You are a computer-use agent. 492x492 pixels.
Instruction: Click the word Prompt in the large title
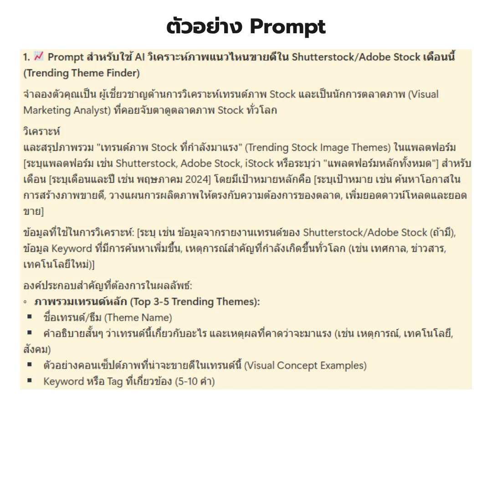point(288,27)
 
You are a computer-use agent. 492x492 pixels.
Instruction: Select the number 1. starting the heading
point(26,57)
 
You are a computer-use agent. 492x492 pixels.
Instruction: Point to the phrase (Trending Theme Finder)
point(82,73)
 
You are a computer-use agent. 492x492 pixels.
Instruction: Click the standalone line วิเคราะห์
point(41,132)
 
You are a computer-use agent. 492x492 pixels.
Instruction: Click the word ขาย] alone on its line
point(33,211)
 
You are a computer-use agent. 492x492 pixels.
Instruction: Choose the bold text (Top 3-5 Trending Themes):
point(195,302)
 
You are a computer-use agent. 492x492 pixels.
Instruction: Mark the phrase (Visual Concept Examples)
point(306,365)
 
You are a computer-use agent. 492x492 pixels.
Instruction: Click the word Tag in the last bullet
point(115,381)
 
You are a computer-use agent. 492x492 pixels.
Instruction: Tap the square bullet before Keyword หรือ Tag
point(30,381)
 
